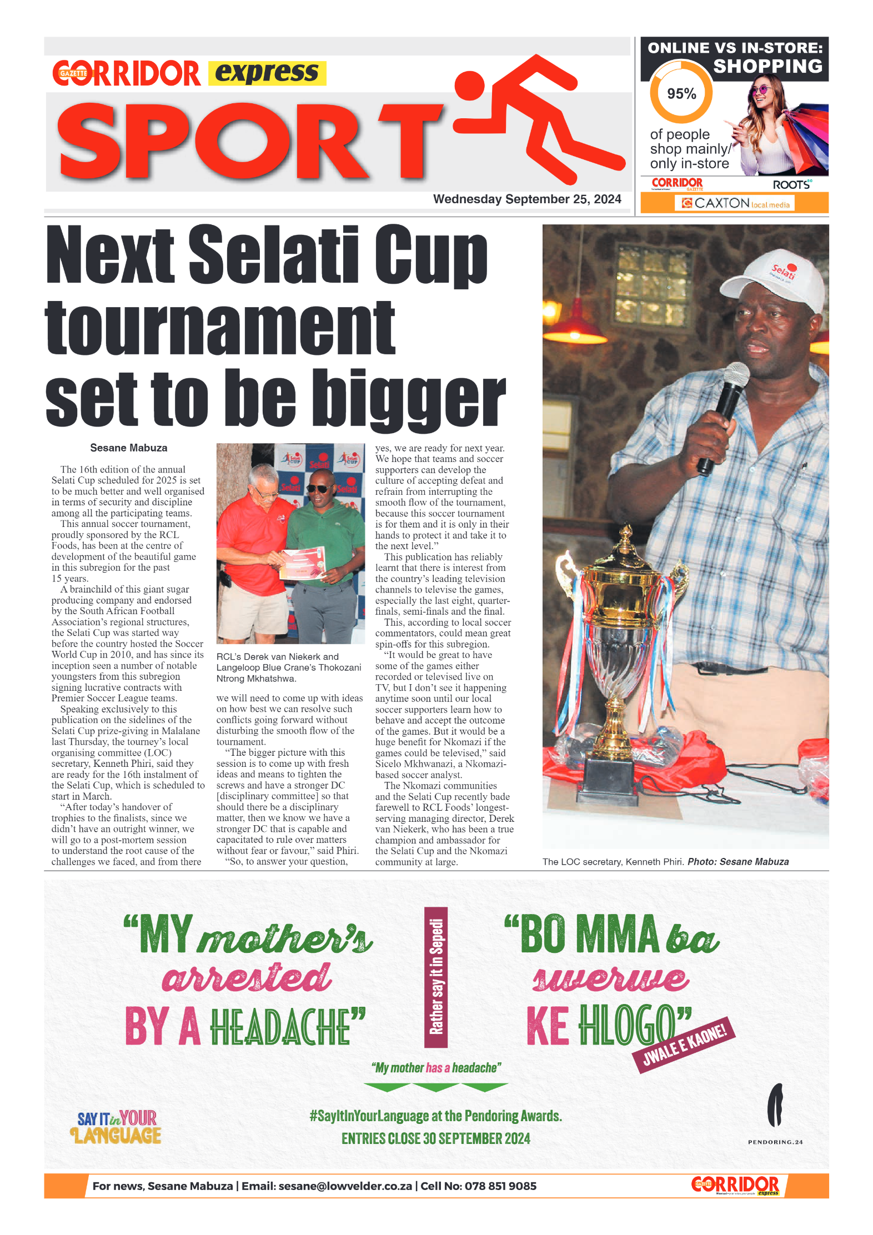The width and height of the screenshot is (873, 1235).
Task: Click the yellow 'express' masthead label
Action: tap(267, 73)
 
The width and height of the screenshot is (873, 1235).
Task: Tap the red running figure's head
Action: tap(469, 86)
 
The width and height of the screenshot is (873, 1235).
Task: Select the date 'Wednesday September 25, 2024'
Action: tap(526, 199)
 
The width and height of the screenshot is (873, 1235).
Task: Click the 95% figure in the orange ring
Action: tap(681, 93)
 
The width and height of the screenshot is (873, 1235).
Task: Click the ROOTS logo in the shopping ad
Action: tap(792, 184)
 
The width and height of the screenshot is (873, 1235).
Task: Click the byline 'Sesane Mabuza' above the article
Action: tap(128, 448)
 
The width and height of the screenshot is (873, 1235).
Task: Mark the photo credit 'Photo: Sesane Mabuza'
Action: tap(738, 862)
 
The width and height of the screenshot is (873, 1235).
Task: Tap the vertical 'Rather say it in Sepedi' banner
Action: tap(436, 977)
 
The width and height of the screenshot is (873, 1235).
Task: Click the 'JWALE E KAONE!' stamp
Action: tap(684, 1046)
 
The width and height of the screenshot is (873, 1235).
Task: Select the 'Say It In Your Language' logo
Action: tap(117, 1127)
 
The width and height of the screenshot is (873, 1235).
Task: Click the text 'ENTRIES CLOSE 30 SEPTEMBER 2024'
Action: tap(436, 1138)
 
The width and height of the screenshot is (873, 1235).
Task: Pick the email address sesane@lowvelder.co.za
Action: tap(345, 1186)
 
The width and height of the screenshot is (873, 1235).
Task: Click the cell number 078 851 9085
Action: tap(500, 1186)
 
